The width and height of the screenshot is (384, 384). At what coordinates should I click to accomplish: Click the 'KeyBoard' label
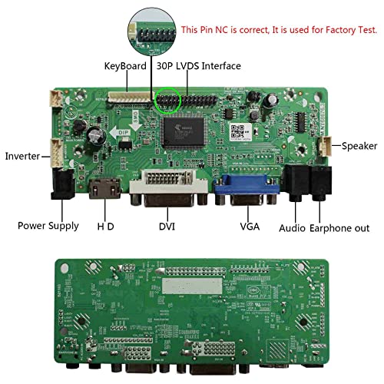[125, 67]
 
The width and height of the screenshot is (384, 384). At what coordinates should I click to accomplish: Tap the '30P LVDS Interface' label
[199, 67]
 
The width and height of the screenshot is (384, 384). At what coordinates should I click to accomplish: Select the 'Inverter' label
[23, 156]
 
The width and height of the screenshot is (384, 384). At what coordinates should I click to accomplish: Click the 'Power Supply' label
[48, 226]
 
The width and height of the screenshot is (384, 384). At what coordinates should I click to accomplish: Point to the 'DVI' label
[167, 227]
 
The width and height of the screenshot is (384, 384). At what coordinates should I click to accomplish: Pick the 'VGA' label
[250, 227]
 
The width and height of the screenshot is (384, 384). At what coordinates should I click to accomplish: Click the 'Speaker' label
[359, 146]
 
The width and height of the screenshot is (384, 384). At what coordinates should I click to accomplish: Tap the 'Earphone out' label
[340, 228]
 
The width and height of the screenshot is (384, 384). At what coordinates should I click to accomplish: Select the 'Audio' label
[293, 228]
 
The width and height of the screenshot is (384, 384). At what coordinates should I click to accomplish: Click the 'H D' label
[106, 227]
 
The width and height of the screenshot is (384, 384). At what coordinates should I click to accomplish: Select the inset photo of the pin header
[153, 28]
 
